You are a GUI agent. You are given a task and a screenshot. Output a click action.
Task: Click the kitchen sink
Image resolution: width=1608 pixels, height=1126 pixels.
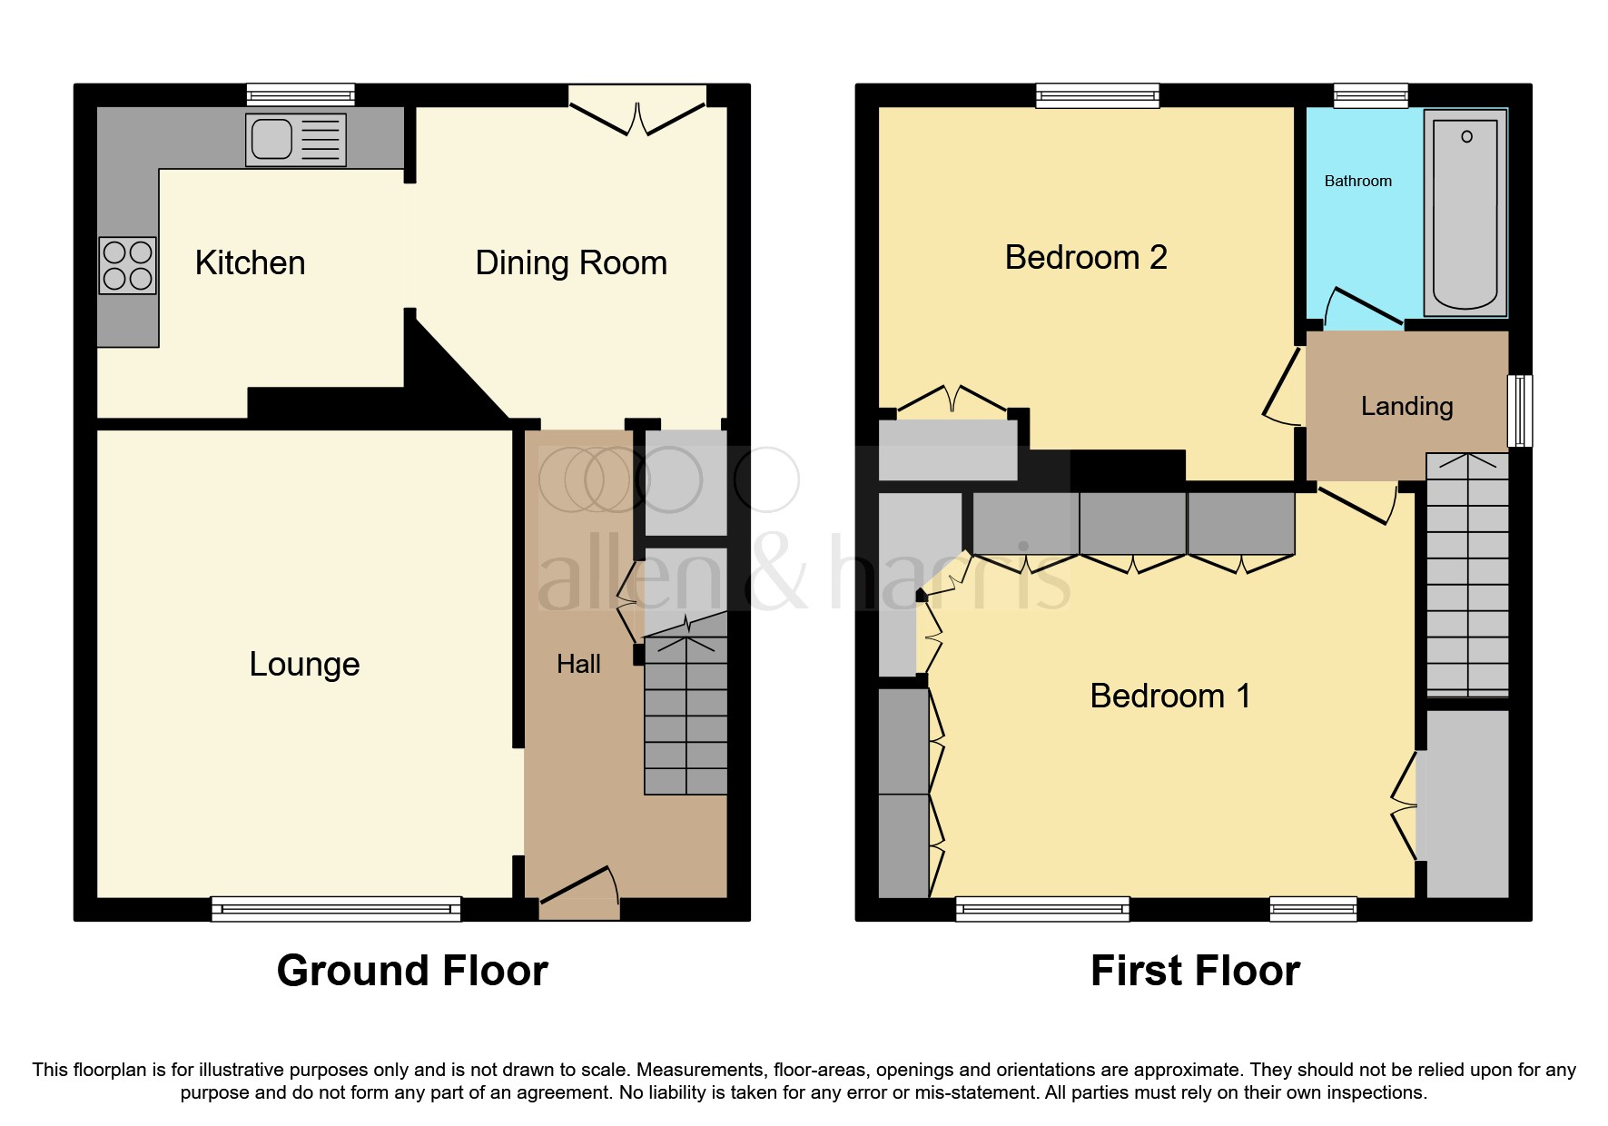[295, 140]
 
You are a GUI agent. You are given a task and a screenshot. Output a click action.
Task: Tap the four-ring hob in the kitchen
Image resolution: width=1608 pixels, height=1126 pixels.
[127, 265]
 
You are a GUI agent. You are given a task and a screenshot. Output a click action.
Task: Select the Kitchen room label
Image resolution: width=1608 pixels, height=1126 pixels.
[250, 263]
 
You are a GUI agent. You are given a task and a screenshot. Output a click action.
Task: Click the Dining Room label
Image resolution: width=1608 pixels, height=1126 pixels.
[571, 263]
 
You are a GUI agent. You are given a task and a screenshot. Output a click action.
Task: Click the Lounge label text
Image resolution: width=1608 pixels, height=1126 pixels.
[304, 664]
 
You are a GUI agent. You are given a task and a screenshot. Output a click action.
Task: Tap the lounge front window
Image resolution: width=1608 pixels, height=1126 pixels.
[336, 908]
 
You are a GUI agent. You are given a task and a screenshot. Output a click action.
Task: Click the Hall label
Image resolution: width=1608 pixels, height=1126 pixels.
[578, 665]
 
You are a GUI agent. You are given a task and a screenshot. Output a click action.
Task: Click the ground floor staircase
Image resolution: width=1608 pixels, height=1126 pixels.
[686, 717]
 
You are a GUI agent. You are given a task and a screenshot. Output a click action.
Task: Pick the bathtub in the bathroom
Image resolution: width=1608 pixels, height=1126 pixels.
[1465, 213]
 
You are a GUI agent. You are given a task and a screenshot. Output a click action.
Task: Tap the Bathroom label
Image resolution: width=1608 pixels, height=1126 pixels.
[1357, 182]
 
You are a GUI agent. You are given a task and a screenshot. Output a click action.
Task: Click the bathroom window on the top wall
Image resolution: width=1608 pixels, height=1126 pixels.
[1370, 94]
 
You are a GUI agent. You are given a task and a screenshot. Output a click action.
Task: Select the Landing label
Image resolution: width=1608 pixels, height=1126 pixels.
[1406, 406]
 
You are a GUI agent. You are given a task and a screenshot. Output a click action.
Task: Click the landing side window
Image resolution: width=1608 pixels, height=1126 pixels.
[1520, 411]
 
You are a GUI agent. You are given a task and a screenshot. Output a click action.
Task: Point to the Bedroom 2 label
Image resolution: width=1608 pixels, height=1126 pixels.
[1086, 258]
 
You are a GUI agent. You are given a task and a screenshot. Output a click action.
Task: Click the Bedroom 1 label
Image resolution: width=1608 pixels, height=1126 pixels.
[1169, 696]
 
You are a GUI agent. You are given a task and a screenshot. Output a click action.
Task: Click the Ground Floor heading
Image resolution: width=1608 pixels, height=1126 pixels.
[412, 971]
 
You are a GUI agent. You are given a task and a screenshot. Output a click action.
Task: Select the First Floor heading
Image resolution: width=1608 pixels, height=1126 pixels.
[1195, 971]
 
